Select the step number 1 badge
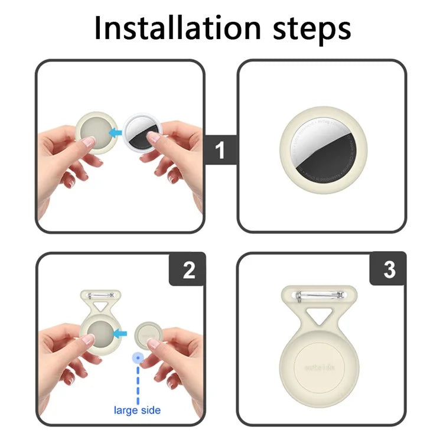click(220, 151)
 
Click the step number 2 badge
click(188, 270)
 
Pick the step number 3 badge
click(389, 270)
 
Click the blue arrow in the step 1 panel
click(116, 133)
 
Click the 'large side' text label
click(138, 409)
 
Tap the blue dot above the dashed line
click(138, 358)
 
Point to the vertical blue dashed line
click(138, 381)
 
